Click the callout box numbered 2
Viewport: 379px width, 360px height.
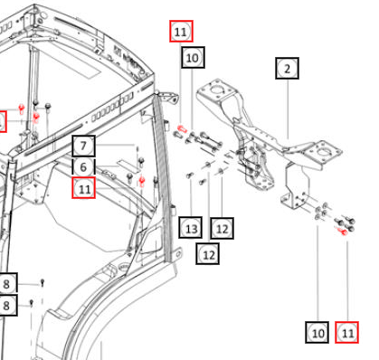[287, 69]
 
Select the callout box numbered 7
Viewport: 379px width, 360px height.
[83, 146]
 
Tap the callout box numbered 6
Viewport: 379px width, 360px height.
[83, 167]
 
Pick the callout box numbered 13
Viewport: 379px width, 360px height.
[191, 228]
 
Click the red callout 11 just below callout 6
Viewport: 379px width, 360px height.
[84, 188]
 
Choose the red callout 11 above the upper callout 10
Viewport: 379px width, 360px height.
[181, 31]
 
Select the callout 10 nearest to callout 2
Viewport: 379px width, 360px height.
[193, 57]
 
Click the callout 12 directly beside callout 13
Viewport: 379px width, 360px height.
[222, 228]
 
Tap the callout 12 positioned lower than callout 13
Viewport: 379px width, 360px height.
[208, 254]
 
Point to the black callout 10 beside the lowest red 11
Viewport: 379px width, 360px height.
[317, 332]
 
